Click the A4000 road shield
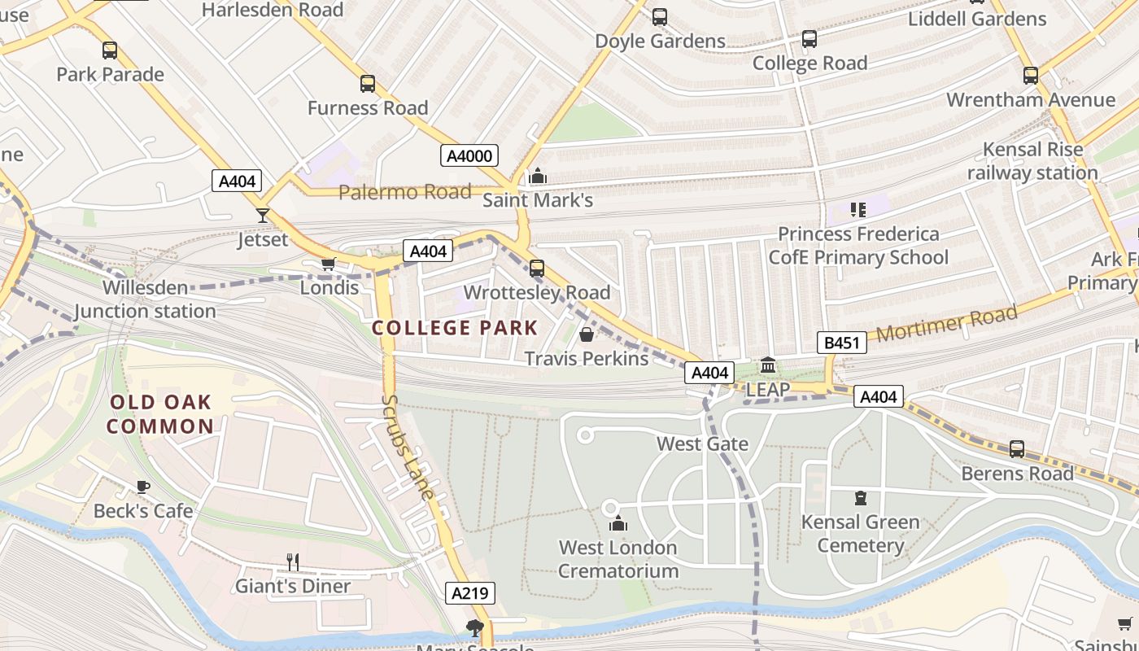tap(469, 155)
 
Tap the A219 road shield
tap(470, 593)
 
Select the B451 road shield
tap(841, 343)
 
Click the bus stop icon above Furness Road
tap(368, 84)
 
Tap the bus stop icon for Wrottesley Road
tap(537, 268)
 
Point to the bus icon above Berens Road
tap(1017, 448)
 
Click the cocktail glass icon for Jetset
tap(263, 216)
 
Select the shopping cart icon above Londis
tap(329, 264)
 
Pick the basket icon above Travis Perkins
tap(587, 334)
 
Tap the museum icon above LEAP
tap(768, 365)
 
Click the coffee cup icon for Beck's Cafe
tap(143, 487)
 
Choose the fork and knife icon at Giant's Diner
tap(293, 561)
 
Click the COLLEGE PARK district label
tap(455, 328)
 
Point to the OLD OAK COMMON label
tap(160, 414)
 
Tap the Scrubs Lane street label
tap(408, 447)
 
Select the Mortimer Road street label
tap(947, 324)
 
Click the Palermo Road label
tap(404, 192)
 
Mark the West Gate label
tap(702, 443)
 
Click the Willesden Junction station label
tap(146, 299)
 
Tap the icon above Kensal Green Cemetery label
tap(860, 498)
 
